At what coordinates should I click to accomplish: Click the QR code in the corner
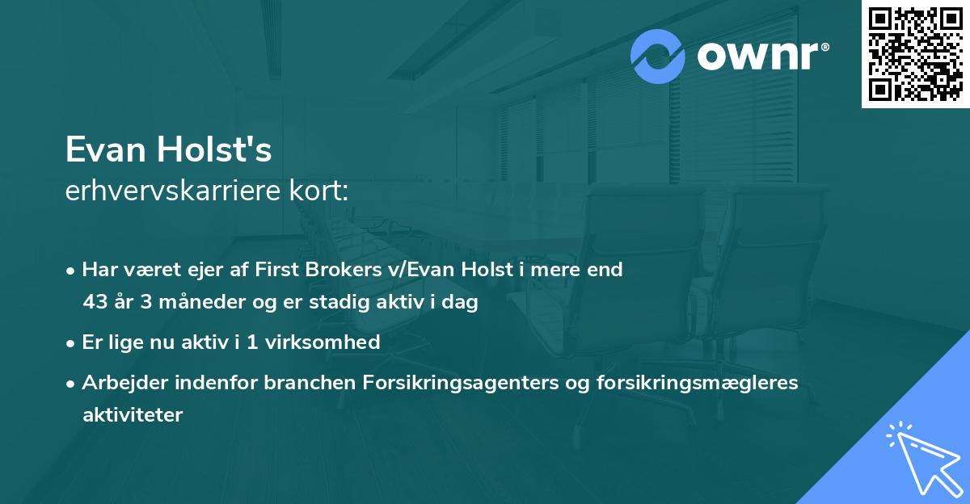(x=916, y=54)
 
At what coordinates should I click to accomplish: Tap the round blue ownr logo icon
(x=658, y=57)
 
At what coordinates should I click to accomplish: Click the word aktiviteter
(x=133, y=415)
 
